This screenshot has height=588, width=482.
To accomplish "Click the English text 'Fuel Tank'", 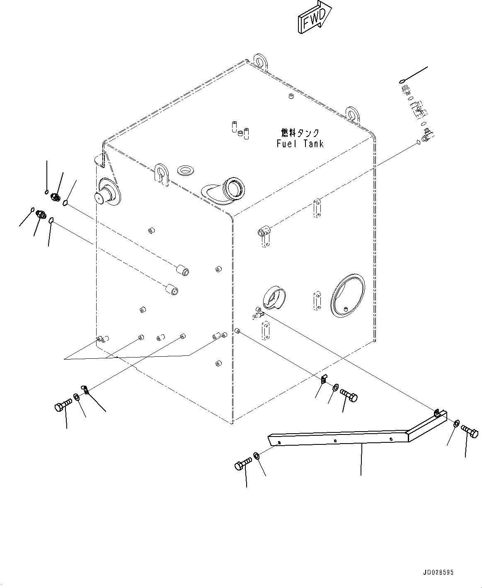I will tap(300, 144).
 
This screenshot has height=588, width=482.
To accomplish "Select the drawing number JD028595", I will tap(438, 573).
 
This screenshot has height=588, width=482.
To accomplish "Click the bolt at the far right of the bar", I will tap(470, 432).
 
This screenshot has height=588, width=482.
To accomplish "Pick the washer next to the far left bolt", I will tap(77, 398).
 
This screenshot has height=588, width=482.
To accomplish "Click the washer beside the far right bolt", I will tap(455, 424).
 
